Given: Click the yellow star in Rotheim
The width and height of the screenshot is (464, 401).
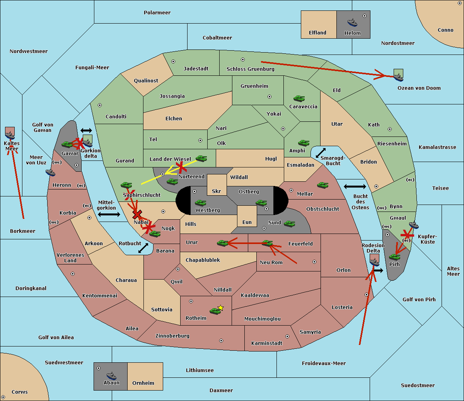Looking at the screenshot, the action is [220, 307].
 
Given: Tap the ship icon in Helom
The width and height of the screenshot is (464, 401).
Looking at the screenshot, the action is [352, 22].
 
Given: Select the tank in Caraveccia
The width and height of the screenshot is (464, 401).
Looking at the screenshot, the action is [299, 98].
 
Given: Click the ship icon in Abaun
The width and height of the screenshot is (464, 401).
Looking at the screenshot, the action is [111, 375].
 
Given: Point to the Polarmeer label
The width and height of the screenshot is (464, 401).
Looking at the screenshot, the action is [157, 13].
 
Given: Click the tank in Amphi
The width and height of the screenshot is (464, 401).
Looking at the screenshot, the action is [304, 143].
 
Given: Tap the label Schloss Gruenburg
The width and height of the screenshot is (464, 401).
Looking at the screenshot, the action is [250, 69].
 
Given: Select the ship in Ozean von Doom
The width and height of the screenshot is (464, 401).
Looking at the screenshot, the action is [398, 77].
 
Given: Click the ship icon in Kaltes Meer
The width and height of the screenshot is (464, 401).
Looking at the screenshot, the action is [10, 135].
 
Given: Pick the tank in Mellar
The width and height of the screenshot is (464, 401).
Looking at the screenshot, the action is [322, 185].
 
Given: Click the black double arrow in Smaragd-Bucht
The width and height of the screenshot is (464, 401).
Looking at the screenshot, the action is [321, 153].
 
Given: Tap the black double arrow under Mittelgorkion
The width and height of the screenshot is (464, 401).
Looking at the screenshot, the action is [109, 214].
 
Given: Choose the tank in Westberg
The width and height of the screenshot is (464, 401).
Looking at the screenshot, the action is [200, 203].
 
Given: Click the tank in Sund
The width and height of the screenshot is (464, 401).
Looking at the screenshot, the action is [289, 224].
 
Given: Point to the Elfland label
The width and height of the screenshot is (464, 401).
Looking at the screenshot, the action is [317, 33].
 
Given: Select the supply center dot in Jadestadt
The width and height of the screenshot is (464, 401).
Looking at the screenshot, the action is [173, 61].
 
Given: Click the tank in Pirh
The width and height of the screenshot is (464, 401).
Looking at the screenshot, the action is [394, 256].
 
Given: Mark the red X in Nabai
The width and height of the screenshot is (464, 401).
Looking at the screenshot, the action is [137, 214].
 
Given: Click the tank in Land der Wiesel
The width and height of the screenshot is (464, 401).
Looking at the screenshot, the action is [201, 158].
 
